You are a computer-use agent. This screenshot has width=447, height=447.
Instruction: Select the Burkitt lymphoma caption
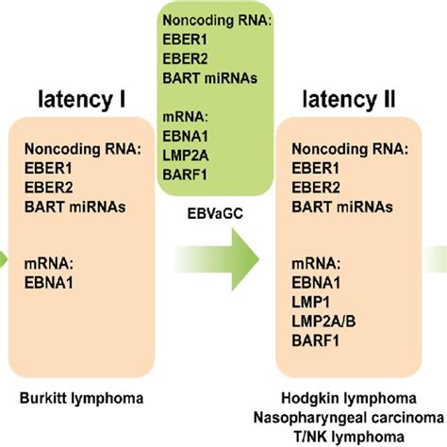[83, 399]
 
